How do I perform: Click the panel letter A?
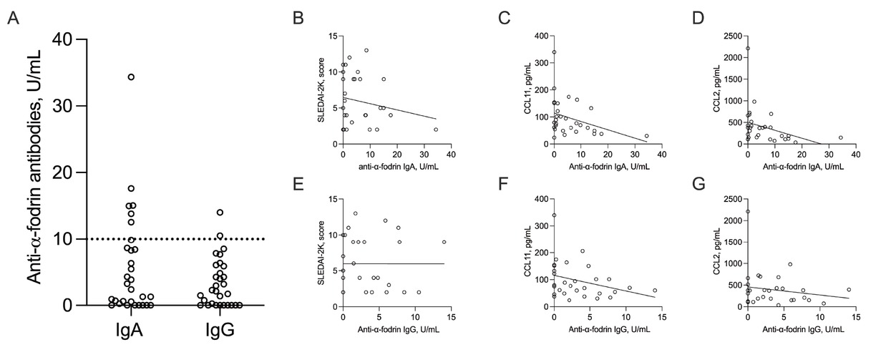pyautogui.click(x=12, y=19)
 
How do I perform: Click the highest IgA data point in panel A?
pyautogui.click(x=131, y=77)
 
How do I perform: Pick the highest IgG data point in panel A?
pyautogui.click(x=220, y=212)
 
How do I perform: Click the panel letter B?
pyautogui.click(x=298, y=19)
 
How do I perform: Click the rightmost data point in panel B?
pyautogui.click(x=435, y=130)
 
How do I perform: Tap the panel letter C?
pyautogui.click(x=504, y=19)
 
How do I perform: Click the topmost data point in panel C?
pyautogui.click(x=554, y=52)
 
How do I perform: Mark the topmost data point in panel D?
pyautogui.click(x=748, y=49)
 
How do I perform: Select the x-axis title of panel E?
pyautogui.click(x=396, y=330)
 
